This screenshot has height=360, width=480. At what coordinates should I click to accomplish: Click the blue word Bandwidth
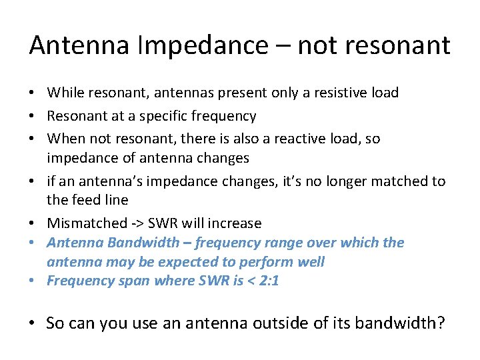tap(139, 242)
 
